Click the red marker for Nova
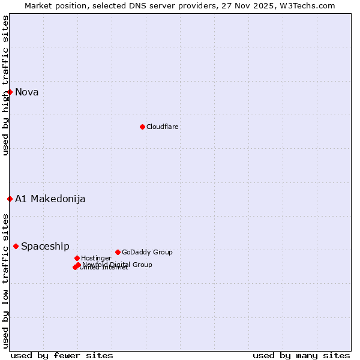click(10, 92)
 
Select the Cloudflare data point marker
click(142, 127)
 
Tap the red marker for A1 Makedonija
click(10, 199)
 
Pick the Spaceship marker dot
click(16, 246)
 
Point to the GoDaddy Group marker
click(118, 252)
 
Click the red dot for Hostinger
click(77, 258)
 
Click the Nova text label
click(27, 92)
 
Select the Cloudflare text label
click(163, 127)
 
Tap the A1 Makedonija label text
click(50, 199)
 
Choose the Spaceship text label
click(45, 246)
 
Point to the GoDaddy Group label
click(147, 252)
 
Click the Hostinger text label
click(96, 258)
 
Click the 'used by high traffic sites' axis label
click(5, 85)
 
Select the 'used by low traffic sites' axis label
click(5, 280)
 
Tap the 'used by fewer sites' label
click(62, 355)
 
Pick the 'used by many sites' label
click(301, 355)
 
